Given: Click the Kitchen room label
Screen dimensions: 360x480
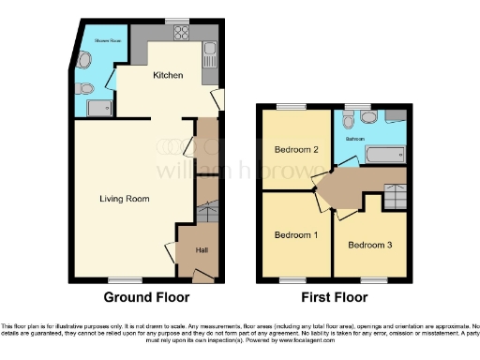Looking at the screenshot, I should coord(168,75).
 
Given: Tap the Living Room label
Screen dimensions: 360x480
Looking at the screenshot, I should coord(125,199).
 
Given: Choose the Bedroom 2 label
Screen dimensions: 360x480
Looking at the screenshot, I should coord(294,150).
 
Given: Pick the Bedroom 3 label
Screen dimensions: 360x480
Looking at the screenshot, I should coord(368,246).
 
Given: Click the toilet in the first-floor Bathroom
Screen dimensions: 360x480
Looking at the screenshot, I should coord(348,120).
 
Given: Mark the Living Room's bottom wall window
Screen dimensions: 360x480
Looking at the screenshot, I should coord(120,279).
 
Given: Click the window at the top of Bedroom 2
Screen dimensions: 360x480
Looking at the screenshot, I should coord(296,106).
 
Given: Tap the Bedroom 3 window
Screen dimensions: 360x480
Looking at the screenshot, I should coord(374,279).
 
